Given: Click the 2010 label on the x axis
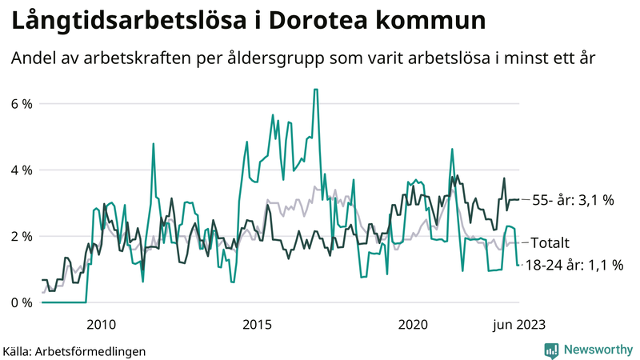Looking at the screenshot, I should [101, 324].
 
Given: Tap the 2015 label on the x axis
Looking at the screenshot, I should [257, 324].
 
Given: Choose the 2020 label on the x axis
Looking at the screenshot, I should [413, 324].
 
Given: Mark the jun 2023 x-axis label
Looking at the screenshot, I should [519, 324].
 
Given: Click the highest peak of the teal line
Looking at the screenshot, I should [316, 90].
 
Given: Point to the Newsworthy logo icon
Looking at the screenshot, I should [551, 350].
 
